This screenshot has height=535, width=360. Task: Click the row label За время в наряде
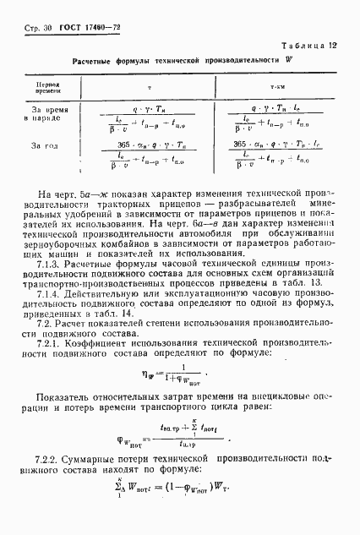[46, 114]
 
